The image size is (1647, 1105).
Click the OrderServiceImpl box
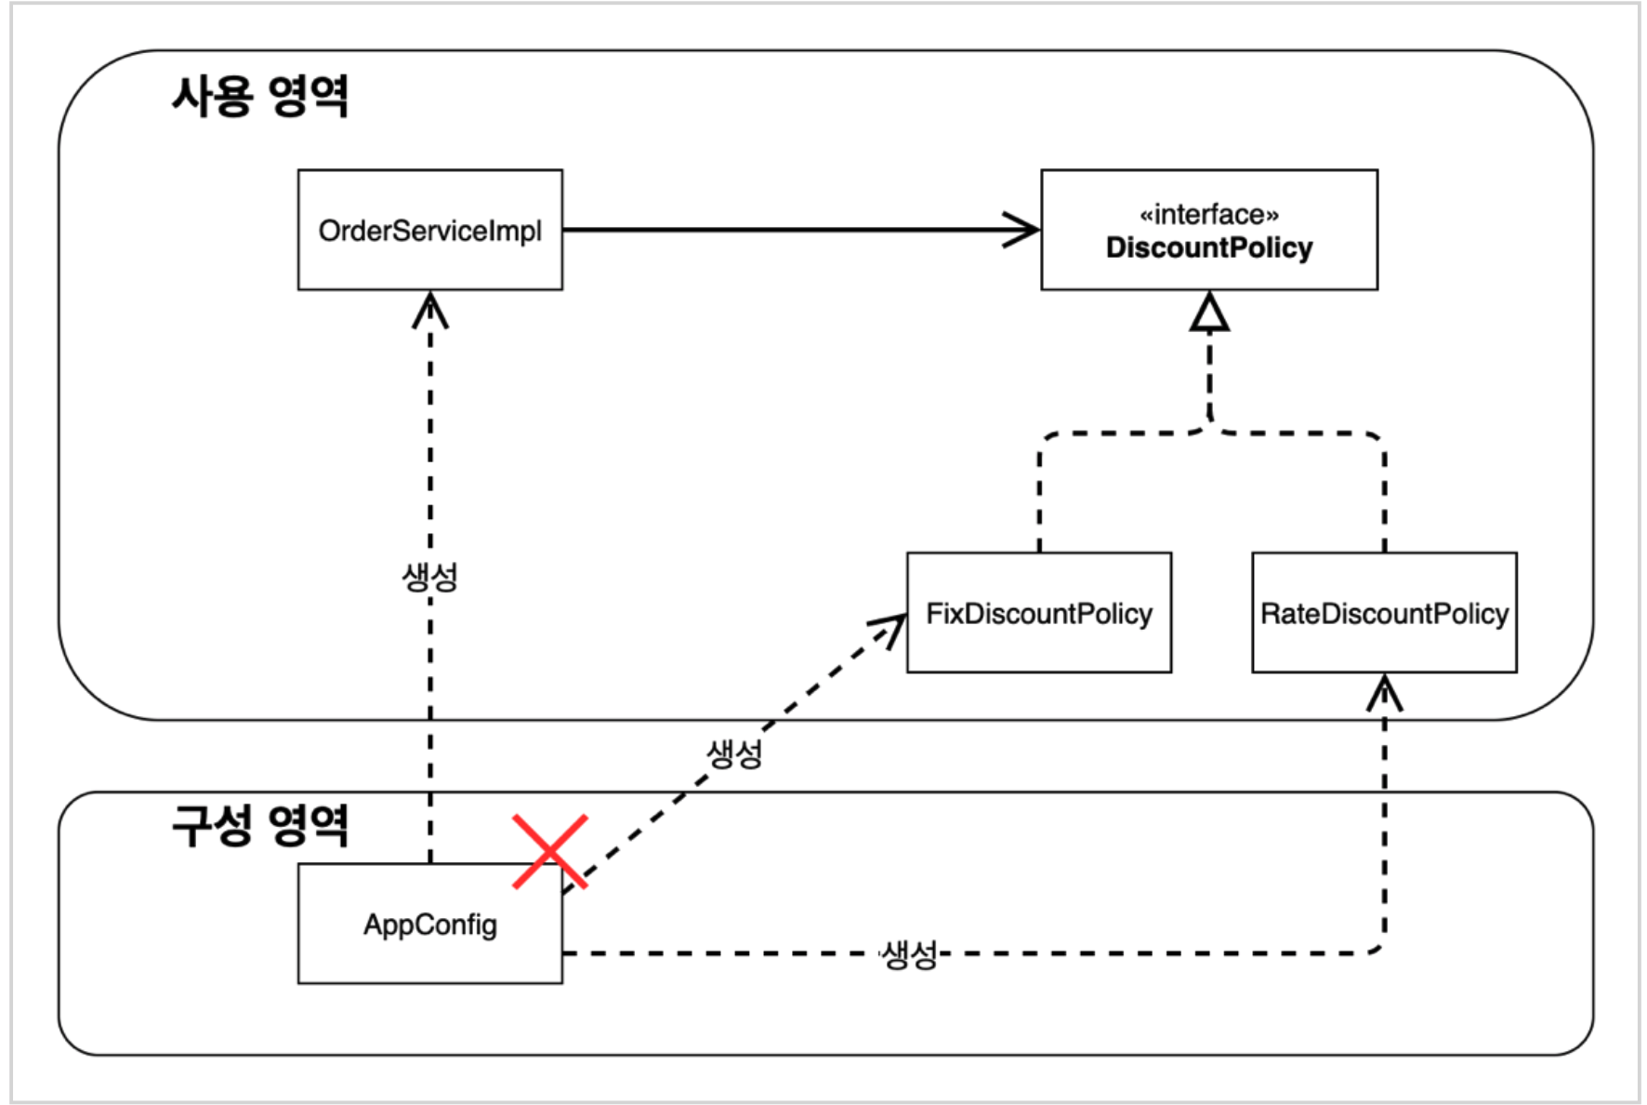pos(429,230)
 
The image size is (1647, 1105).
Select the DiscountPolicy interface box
pos(1208,230)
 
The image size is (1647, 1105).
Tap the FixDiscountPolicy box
pos(1038,613)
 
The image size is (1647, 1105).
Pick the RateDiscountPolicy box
pos(1383,613)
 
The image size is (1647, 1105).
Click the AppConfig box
pos(429,924)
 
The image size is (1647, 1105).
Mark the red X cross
pos(549,851)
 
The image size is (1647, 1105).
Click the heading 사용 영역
pos(259,96)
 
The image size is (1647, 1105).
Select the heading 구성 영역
pos(259,825)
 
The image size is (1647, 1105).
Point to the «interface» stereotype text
pos(1208,215)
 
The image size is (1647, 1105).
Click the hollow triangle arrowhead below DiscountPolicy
pos(1209,313)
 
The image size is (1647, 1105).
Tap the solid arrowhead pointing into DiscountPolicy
pos(1022,230)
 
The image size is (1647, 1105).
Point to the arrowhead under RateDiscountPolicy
pos(1384,692)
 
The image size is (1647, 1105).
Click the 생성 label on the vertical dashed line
pos(429,577)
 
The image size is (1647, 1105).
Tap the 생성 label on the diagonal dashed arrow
pos(734,752)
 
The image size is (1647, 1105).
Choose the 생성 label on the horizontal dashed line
pos(909,953)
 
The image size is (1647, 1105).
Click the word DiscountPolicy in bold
pos(1208,248)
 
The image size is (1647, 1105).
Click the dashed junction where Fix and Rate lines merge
pos(1209,428)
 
